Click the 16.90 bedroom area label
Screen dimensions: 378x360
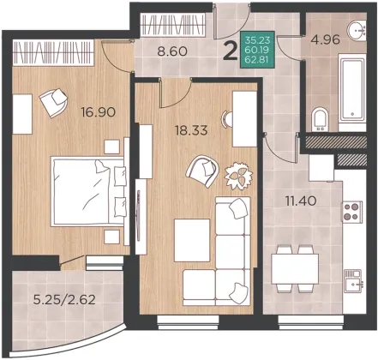pyautogui.click(x=98, y=111)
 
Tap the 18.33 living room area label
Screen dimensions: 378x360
pyautogui.click(x=191, y=130)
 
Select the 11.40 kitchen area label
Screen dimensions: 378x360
pyautogui.click(x=301, y=201)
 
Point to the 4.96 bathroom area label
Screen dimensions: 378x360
pyautogui.click(x=326, y=39)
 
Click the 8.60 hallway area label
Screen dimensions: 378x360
pyautogui.click(x=172, y=51)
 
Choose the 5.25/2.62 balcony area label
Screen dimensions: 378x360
pyautogui.click(x=64, y=300)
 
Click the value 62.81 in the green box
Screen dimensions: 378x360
pyautogui.click(x=257, y=61)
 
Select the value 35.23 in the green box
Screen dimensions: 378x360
pyautogui.click(x=257, y=39)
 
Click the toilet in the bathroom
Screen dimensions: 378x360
pyautogui.click(x=320, y=119)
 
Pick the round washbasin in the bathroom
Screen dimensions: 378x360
pyautogui.click(x=357, y=30)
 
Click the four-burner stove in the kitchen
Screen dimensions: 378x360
pyautogui.click(x=352, y=212)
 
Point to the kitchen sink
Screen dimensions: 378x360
pyautogui.click(x=353, y=281)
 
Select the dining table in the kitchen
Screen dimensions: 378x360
pyautogui.click(x=295, y=268)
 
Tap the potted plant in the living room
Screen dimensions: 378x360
pyautogui.click(x=238, y=176)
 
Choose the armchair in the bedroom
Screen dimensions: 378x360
pyautogui.click(x=54, y=103)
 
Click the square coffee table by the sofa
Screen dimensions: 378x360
pyautogui.click(x=192, y=240)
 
